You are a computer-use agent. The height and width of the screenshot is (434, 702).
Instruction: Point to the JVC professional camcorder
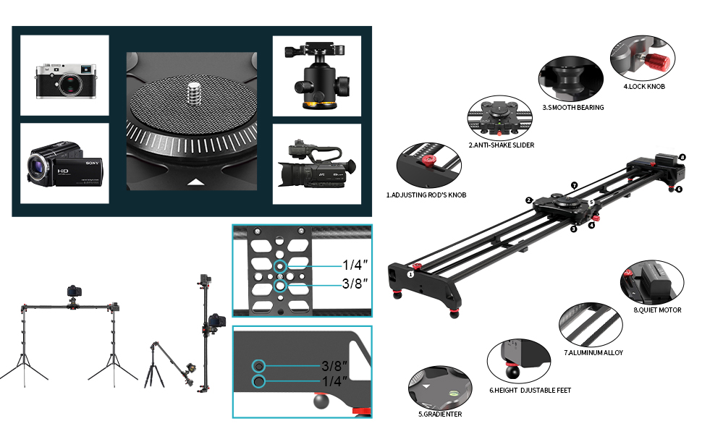click(x=316, y=164)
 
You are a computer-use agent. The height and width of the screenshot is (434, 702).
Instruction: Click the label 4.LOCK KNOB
click(x=643, y=86)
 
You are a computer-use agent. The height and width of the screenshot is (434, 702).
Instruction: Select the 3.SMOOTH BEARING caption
click(x=572, y=107)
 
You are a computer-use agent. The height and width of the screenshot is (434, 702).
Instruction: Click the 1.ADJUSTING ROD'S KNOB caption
click(x=426, y=195)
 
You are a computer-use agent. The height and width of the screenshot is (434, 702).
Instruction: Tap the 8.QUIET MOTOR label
click(x=657, y=310)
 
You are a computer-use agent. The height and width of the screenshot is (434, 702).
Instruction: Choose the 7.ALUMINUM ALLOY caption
click(x=593, y=352)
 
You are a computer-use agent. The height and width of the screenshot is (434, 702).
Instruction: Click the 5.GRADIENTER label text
click(x=439, y=414)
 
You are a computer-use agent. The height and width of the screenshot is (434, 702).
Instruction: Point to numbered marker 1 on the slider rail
click(x=410, y=274)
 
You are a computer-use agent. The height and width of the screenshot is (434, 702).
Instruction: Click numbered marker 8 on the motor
click(x=682, y=157)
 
